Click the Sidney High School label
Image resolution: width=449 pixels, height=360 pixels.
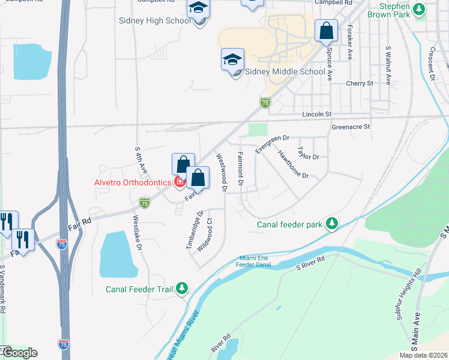pyautogui.click(x=155, y=20)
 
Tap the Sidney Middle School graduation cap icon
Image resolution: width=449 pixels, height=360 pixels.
pyautogui.click(x=232, y=59)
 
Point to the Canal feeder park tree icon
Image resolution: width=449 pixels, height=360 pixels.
pyautogui.click(x=331, y=224)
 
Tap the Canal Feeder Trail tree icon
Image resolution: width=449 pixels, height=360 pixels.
pyautogui.click(x=182, y=289)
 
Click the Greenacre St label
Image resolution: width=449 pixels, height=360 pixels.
pyautogui.click(x=351, y=127)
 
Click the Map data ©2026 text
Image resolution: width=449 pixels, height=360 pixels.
pyautogui.click(x=423, y=355)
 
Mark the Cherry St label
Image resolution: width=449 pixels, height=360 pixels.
pyautogui.click(x=360, y=83)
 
